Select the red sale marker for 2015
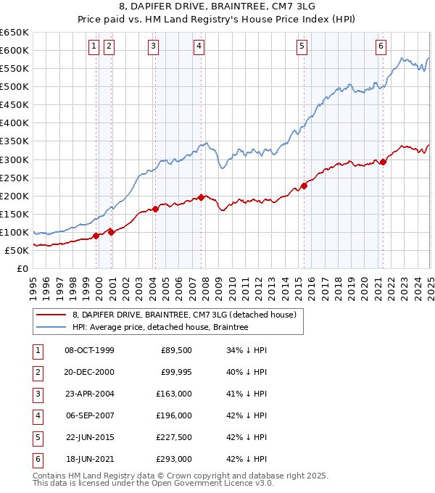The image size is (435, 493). [304, 186]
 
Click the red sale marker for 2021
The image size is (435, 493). [384, 162]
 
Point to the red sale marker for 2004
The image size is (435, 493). [155, 210]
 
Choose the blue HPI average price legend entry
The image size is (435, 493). [160, 327]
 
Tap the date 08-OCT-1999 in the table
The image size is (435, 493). [89, 350]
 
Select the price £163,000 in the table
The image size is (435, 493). [174, 394]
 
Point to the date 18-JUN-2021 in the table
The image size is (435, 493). [89, 459]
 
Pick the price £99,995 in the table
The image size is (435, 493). [174, 372]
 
